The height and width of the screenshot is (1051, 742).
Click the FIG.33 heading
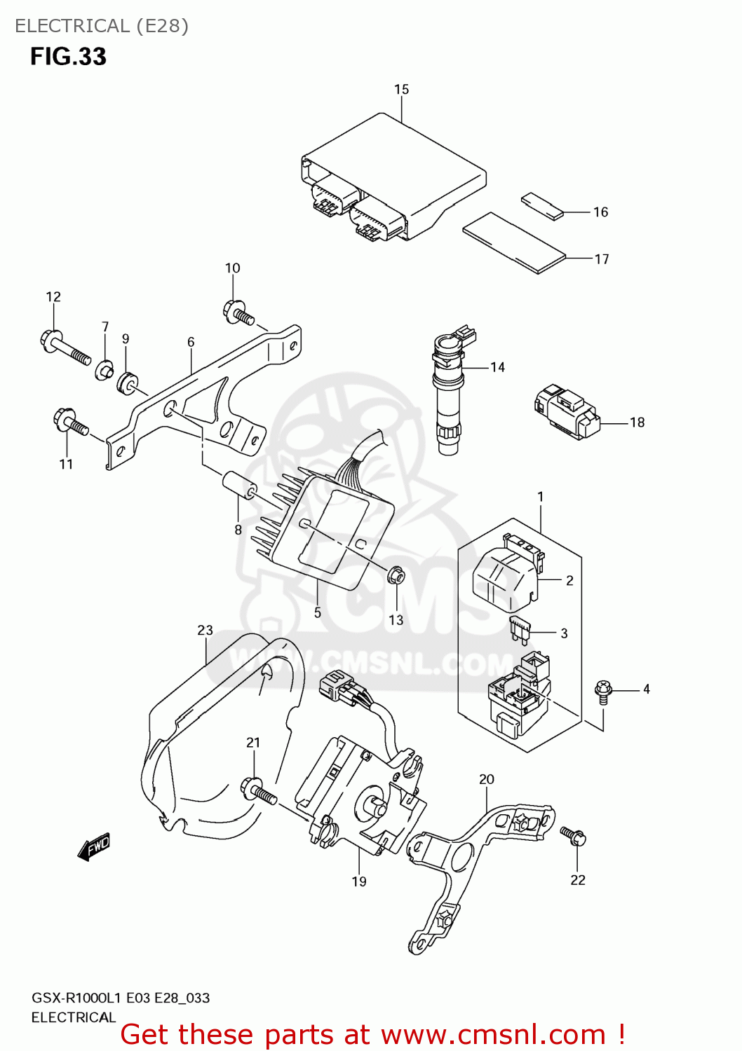tap(68, 57)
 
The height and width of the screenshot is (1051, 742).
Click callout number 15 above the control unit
tap(401, 90)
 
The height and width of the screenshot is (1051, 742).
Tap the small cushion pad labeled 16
tap(542, 207)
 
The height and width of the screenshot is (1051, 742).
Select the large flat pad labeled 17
tap(513, 242)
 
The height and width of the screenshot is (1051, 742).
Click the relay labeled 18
tap(567, 413)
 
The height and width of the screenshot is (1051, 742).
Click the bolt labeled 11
tap(70, 422)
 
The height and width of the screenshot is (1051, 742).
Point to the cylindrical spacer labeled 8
tap(239, 487)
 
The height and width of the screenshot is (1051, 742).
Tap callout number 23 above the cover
tap(205, 630)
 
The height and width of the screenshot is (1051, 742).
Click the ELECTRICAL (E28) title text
tap(102, 26)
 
